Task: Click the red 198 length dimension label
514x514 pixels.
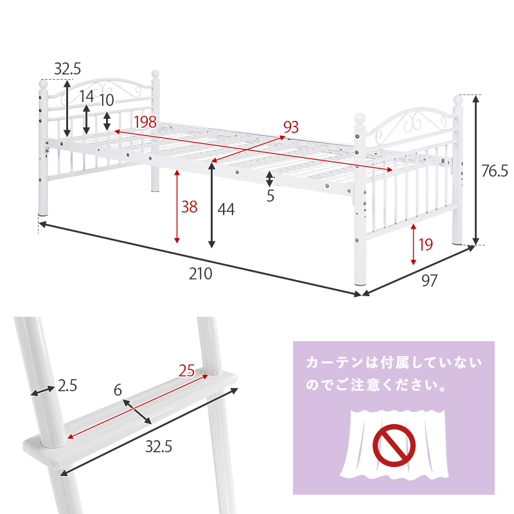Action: click(145, 122)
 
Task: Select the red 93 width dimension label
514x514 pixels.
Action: click(292, 127)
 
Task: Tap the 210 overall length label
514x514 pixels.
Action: click(200, 274)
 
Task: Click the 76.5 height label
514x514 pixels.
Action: click(495, 170)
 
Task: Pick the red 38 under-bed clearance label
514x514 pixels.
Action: click(189, 207)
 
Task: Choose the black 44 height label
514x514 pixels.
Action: click(226, 209)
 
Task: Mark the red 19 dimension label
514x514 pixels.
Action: click(425, 244)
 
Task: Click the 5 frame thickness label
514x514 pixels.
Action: click(270, 197)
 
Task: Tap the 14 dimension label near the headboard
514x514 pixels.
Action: click(86, 97)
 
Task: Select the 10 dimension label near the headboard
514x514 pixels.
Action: click(107, 100)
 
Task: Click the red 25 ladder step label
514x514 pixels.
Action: click(186, 370)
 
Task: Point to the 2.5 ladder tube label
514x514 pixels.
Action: click(67, 385)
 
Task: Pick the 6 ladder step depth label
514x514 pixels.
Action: click(118, 390)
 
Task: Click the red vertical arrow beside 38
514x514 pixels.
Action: click(177, 206)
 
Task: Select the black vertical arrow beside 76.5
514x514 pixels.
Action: click(476, 170)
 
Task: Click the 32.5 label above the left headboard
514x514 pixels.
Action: click(67, 69)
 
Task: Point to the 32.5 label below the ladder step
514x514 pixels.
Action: click(158, 447)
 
